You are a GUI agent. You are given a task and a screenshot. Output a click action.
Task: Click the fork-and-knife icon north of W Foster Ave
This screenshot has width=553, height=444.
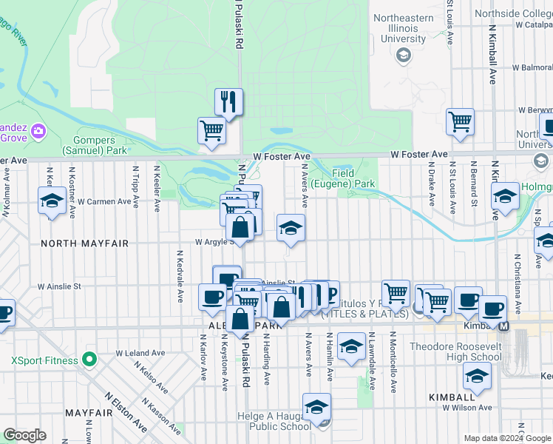click(x=229, y=101)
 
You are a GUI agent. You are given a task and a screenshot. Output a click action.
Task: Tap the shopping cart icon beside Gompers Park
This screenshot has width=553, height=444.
click(x=211, y=130)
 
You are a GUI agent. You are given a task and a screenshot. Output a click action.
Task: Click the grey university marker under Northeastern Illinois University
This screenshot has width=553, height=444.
click(x=404, y=55)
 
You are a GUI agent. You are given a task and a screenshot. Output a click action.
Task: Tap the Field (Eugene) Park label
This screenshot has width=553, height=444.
click(x=343, y=178)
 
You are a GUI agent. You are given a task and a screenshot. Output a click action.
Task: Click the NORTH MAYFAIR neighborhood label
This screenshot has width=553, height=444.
click(x=74, y=243)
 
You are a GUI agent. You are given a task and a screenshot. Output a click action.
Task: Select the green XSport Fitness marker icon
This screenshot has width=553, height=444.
click(x=89, y=360)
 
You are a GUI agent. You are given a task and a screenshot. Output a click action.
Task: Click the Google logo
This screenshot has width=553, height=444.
click(x=25, y=435)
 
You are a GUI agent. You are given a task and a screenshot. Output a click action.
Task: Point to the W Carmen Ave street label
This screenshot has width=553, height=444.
click(x=104, y=201)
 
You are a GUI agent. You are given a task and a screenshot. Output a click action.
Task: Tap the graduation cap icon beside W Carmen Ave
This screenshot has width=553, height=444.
click(x=52, y=200)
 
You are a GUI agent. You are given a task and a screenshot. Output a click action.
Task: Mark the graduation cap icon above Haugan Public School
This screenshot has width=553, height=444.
click(x=317, y=406)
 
